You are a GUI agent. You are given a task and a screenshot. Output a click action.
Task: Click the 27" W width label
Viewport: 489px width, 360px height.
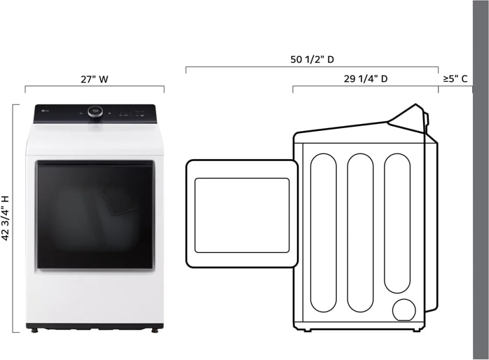point(94,79)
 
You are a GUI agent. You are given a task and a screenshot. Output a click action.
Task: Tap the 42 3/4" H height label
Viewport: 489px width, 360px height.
point(6,218)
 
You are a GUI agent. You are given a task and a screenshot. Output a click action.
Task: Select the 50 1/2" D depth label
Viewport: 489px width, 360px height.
point(312,60)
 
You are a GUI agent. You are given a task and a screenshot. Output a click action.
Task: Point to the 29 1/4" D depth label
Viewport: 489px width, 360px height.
point(365,79)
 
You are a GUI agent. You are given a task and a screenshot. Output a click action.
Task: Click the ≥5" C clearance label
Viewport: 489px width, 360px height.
point(455,79)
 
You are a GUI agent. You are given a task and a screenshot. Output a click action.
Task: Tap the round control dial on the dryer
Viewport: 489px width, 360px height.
point(95,111)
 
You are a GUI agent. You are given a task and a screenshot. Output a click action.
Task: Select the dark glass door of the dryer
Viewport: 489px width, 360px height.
point(95,215)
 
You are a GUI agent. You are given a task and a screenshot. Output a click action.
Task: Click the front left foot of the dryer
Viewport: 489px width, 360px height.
point(32,328)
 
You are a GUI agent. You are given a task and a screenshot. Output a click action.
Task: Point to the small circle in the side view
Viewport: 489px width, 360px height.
point(404,310)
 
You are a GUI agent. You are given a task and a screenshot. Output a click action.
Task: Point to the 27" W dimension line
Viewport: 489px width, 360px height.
point(94,88)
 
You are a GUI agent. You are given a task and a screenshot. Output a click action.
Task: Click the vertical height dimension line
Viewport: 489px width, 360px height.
point(13,218)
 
